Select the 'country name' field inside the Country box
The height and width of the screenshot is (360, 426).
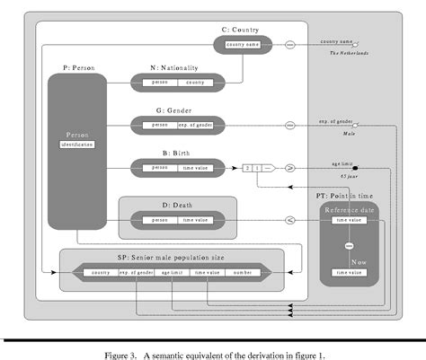pyautogui.click(x=243, y=44)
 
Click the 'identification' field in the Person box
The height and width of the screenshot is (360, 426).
pyautogui.click(x=77, y=144)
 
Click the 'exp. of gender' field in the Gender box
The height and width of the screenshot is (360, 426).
pyautogui.click(x=194, y=125)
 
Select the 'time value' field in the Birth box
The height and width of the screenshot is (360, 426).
pyautogui.click(x=194, y=167)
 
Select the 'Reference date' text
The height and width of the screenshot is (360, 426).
pyautogui.click(x=349, y=209)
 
